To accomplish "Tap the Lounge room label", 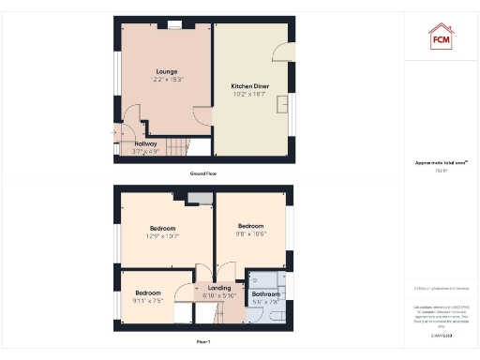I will (167, 71).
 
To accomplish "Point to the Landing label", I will (219, 288).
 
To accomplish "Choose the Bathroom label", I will (265, 295).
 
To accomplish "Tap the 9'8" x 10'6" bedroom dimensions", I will (250, 233).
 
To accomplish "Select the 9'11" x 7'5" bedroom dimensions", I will (148, 301).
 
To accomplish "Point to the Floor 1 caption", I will (202, 342).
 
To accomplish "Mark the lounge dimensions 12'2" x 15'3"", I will (167, 80).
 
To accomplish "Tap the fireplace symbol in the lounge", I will (172, 25).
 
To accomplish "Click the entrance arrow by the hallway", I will (113, 133).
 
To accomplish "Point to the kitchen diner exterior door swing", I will (282, 52).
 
